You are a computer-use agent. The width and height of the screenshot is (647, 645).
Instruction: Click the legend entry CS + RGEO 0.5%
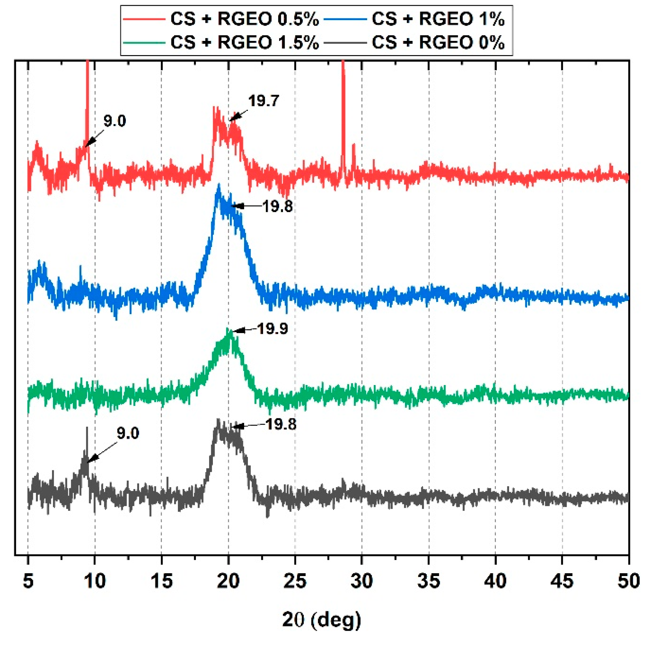244,19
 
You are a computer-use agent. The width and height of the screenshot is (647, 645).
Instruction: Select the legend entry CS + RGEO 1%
438,19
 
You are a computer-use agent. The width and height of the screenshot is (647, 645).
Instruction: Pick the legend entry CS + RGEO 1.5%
244,43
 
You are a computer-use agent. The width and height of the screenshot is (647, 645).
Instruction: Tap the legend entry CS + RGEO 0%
438,43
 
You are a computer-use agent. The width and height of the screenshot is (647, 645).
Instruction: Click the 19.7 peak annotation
264,101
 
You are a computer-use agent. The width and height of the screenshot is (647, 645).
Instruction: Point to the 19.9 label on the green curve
273,329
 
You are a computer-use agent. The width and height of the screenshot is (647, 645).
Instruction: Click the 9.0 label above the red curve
114,121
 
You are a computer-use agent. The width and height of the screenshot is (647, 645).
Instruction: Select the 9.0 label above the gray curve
128,433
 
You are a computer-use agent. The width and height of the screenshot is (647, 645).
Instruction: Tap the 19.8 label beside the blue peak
277,207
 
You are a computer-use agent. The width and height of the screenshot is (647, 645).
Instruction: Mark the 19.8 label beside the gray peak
281,424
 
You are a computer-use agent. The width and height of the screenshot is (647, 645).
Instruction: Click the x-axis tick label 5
28,581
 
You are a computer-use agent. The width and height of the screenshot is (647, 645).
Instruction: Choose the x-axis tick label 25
295,581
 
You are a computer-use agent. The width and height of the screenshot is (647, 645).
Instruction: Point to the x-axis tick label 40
495,581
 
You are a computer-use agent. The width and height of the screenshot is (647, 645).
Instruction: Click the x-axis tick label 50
628,581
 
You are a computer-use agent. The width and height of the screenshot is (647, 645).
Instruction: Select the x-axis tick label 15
162,581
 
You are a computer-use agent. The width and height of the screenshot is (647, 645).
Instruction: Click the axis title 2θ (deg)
321,619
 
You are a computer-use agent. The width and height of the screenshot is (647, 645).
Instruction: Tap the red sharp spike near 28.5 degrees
343,104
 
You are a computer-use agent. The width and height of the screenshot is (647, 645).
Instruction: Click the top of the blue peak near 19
218,187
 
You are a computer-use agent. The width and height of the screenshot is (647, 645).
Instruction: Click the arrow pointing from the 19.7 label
239,116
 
